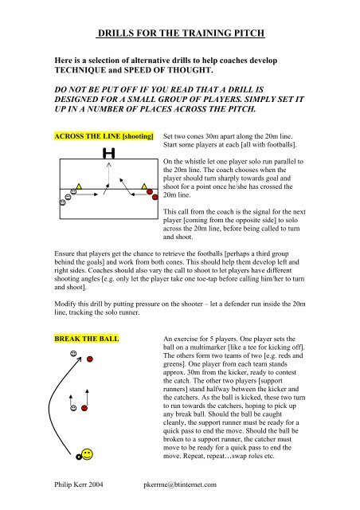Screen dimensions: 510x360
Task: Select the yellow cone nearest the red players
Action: [145, 187]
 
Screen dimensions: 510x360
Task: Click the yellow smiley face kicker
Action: [86, 454]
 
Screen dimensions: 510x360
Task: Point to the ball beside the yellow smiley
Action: [77, 458]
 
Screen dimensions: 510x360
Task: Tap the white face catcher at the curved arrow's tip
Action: [72, 351]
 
